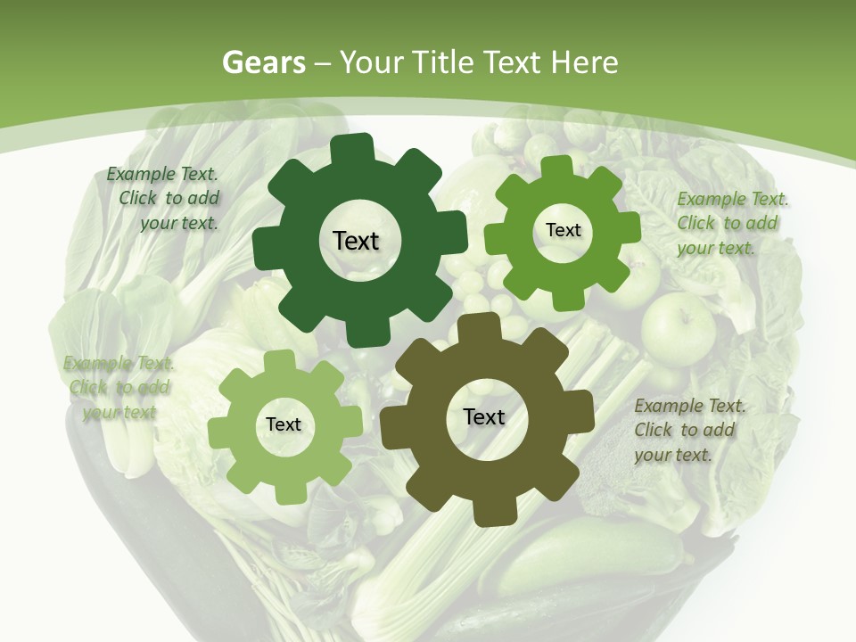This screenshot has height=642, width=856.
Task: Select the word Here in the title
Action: [x=585, y=62]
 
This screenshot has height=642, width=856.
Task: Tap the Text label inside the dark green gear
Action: [x=356, y=241]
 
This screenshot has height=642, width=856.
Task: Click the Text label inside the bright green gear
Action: [x=563, y=230]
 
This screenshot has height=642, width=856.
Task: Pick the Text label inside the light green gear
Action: [x=284, y=425]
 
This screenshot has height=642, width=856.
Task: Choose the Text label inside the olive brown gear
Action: [x=484, y=417]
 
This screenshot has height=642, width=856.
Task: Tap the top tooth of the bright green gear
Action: [x=557, y=166]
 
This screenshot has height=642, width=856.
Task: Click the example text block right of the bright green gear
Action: [x=731, y=223]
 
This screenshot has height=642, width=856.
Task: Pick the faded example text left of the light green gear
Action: [x=118, y=387]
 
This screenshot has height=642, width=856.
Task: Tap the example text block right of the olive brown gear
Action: [x=688, y=430]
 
